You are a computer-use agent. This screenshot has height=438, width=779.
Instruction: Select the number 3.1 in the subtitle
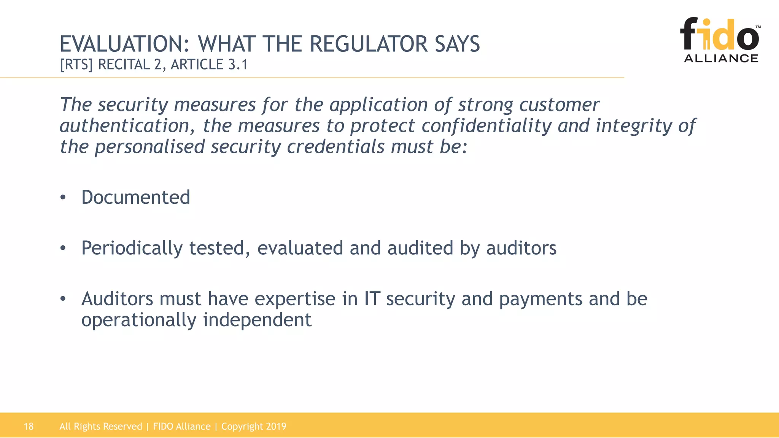click(x=238, y=65)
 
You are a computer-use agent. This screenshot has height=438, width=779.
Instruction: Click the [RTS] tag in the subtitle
click(x=76, y=65)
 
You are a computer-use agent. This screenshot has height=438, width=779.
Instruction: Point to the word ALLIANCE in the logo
click(x=721, y=58)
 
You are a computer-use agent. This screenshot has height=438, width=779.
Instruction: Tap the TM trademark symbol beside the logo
click(x=758, y=27)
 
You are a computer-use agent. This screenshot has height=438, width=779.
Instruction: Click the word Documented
click(x=135, y=197)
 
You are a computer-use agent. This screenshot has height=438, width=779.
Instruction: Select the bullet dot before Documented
click(x=63, y=198)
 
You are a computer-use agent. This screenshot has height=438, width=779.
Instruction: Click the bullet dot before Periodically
click(x=63, y=248)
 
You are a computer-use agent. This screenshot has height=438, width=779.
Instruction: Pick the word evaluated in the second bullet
click(x=300, y=248)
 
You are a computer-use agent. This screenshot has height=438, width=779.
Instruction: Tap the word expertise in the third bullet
click(x=295, y=299)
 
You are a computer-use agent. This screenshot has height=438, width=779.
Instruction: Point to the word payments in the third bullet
click(x=541, y=299)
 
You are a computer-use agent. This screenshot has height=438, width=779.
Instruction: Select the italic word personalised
click(x=150, y=147)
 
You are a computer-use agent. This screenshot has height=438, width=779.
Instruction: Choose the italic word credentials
click(x=335, y=147)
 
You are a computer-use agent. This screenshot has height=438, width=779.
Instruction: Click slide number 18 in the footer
click(x=29, y=426)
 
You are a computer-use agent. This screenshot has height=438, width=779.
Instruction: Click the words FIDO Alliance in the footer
click(x=181, y=426)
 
